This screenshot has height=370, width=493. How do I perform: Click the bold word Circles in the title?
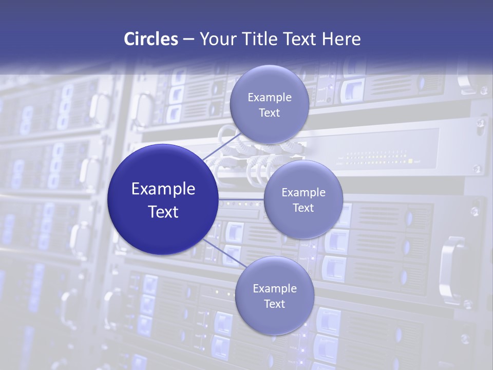pos(150,39)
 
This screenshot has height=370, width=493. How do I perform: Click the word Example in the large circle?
pos(163,189)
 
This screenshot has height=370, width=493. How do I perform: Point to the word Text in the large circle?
pos(163,212)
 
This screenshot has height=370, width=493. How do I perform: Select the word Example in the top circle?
pos(270,98)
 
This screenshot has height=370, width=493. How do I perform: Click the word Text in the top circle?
pos(269,113)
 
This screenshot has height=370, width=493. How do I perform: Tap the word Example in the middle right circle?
pos(304,193)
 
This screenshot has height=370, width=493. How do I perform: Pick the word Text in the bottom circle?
pos(274,304)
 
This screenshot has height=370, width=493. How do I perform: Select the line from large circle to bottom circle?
pos(224,254)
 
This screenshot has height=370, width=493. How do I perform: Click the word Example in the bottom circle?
pos(275,289)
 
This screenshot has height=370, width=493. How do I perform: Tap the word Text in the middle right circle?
pos(303,208)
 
